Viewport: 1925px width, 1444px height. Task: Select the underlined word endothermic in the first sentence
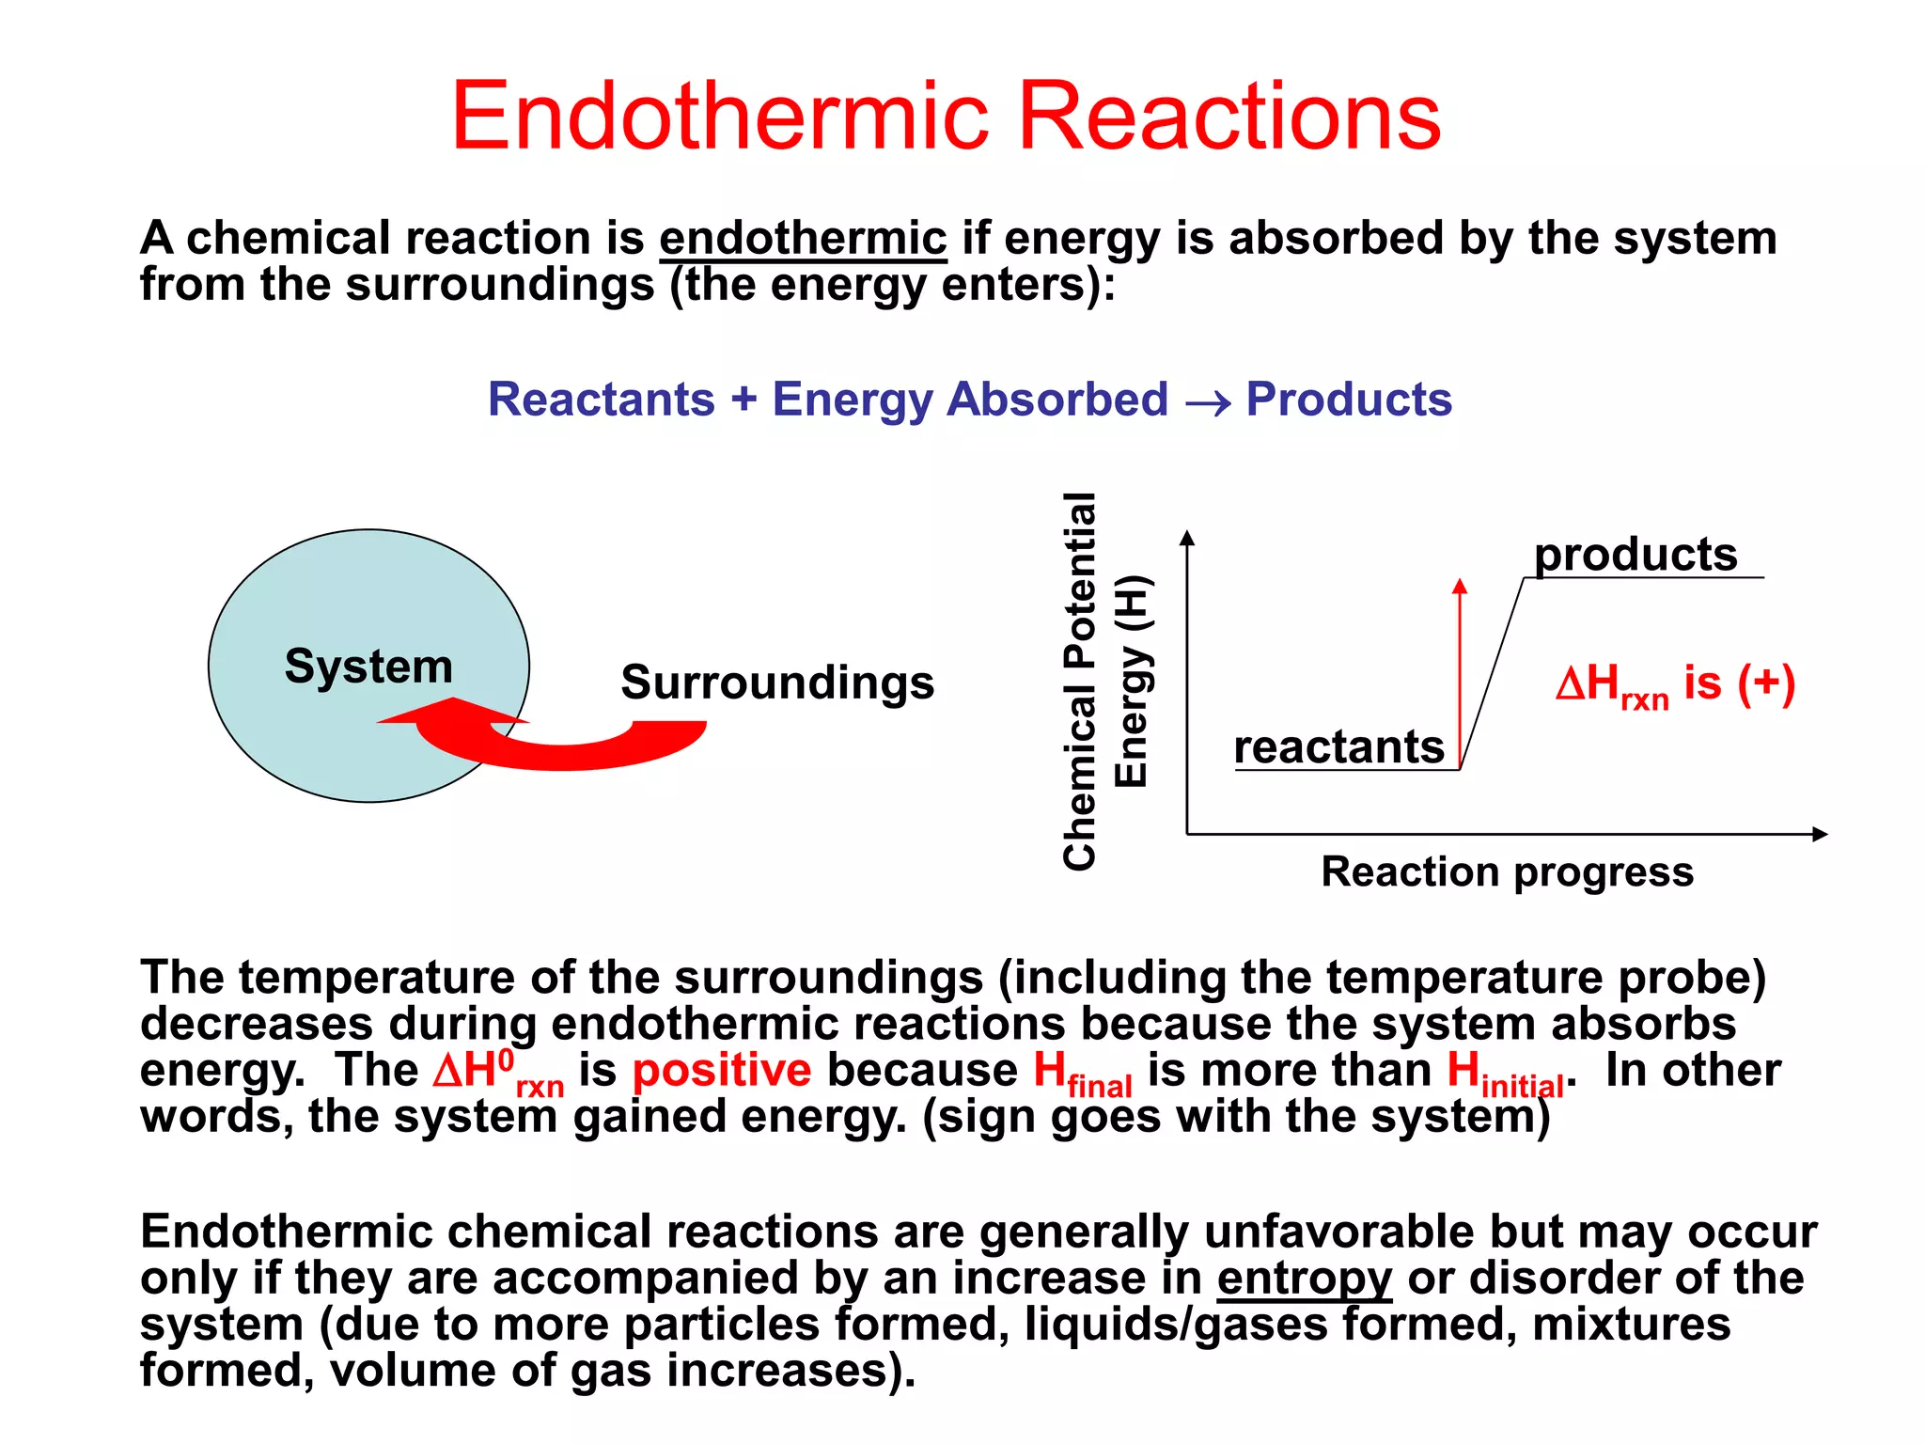pos(803,239)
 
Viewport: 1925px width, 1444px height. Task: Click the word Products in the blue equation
pos(1349,400)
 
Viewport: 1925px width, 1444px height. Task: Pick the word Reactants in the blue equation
pos(602,400)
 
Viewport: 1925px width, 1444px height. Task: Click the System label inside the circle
pos(368,666)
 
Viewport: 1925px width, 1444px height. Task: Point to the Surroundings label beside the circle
pos(777,682)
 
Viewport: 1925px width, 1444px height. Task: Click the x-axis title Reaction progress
pos(1507,871)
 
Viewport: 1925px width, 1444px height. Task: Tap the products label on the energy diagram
pos(1635,554)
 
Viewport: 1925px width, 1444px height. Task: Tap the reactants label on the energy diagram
pos(1338,746)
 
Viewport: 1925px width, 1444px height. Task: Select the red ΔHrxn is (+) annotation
pos(1675,683)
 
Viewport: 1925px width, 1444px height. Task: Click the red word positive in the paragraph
pos(721,1070)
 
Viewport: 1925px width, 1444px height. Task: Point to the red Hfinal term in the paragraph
pos(1082,1074)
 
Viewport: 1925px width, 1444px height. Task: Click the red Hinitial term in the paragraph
pos(1504,1074)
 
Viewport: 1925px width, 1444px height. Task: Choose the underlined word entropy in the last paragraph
pos(1304,1279)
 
